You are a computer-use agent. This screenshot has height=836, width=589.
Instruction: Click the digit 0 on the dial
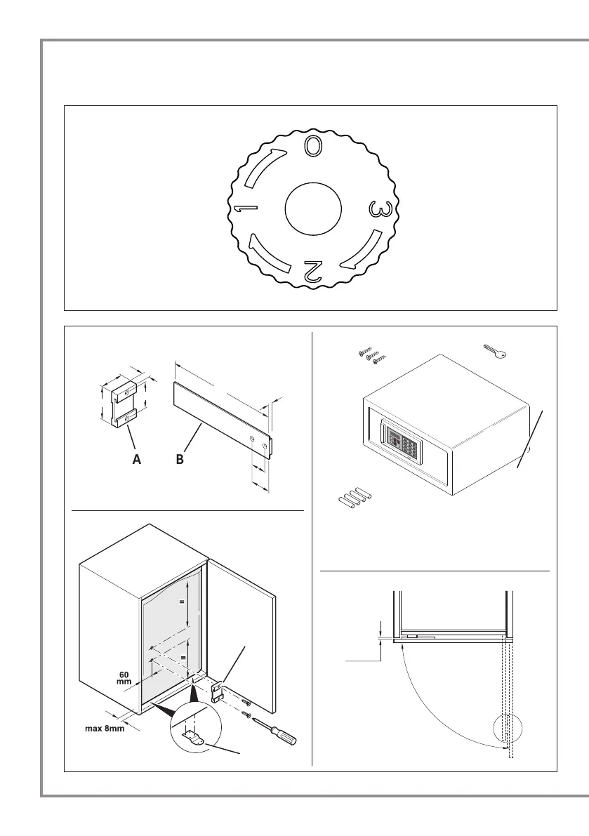click(314, 145)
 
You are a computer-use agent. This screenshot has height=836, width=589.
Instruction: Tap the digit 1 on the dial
click(246, 209)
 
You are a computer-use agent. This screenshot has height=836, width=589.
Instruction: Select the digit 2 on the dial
click(313, 271)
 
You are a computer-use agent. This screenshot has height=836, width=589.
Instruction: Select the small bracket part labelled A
click(119, 403)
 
